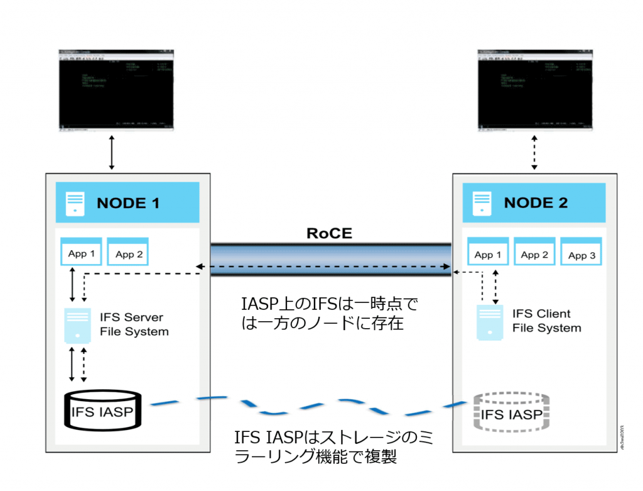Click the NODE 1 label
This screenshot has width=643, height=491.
pos(127,203)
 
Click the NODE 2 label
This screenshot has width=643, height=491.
pos(536,203)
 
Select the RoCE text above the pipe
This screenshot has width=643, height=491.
pos(329,233)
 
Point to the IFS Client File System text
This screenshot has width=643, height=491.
pos(546,321)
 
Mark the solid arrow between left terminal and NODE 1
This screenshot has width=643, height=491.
pos(112,153)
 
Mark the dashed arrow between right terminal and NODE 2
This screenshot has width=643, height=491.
pos(534,153)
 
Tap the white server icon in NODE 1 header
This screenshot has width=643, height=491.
pos(75,203)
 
